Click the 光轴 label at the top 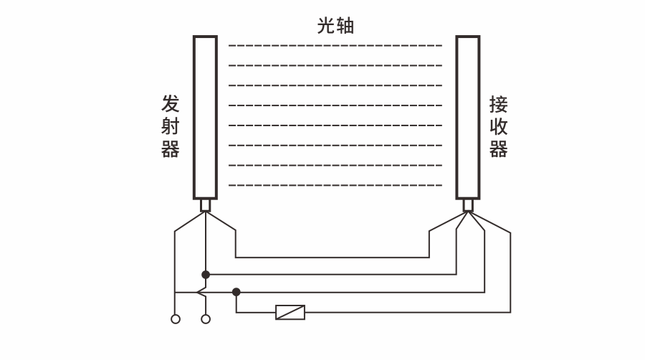point(336,26)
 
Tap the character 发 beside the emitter point(170,105)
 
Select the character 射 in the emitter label point(170,127)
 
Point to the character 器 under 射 point(170,148)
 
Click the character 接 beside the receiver point(498,105)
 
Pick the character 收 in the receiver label point(498,127)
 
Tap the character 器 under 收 point(498,148)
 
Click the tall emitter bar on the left point(205,118)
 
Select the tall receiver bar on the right point(468,118)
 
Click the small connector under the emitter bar point(206,205)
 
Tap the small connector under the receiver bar point(468,205)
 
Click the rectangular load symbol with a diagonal point(290,312)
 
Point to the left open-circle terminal point(175,318)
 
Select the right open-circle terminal point(206,318)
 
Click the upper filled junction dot point(206,274)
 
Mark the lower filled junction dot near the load point(236,292)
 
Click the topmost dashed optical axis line point(335,45)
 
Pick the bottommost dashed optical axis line point(335,184)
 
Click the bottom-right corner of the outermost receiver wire point(510,312)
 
